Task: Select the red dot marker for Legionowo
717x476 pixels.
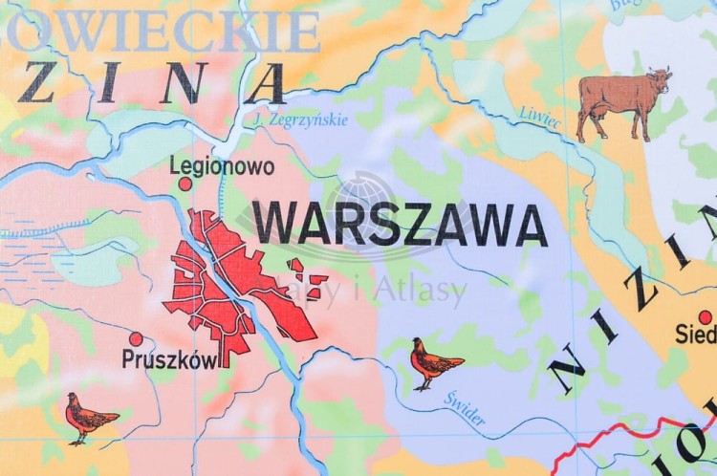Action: tap(185, 184)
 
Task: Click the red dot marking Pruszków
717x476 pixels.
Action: tap(136, 338)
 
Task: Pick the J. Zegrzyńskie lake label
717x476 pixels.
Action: tap(301, 120)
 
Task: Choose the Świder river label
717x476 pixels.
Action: tap(464, 410)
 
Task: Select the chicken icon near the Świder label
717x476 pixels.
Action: tap(434, 362)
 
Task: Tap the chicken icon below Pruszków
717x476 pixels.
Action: tap(88, 418)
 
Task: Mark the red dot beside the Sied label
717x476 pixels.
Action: tap(706, 317)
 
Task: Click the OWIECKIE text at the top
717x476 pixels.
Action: tap(163, 32)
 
